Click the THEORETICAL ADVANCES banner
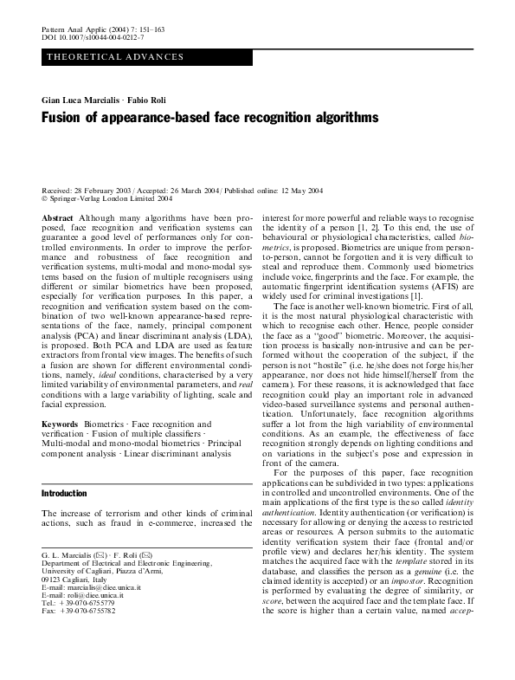click(x=115, y=57)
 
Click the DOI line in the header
click(x=93, y=39)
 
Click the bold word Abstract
click(x=57, y=218)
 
